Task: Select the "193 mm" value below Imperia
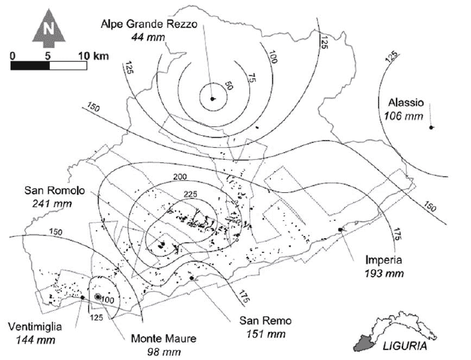[383, 273]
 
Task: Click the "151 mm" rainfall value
[265, 333]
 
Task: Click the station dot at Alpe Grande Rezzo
[213, 98]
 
